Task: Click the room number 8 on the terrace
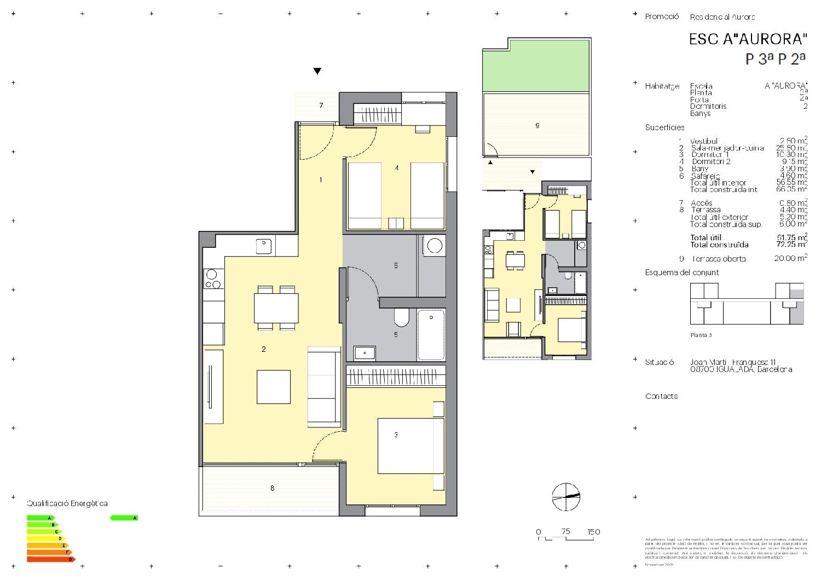coord(272,488)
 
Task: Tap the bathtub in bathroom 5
coord(431,334)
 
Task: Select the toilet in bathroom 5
coord(401,317)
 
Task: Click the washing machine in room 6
coord(435,246)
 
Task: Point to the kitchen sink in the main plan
coord(264,246)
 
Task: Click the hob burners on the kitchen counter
coord(213,279)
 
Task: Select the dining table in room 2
coord(276,308)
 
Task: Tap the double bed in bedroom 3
coord(410,445)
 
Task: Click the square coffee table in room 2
coord(274,387)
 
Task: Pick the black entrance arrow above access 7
coord(317,71)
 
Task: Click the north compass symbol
coord(566,497)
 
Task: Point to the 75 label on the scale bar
coord(565,531)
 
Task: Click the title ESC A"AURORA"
coord(748,39)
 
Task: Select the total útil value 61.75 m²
coord(791,237)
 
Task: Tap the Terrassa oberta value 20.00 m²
coord(790,258)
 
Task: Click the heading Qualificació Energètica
coord(67,503)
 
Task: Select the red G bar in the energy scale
coord(51,559)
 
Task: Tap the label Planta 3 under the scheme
coord(701,335)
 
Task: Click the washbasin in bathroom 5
coord(365,353)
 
